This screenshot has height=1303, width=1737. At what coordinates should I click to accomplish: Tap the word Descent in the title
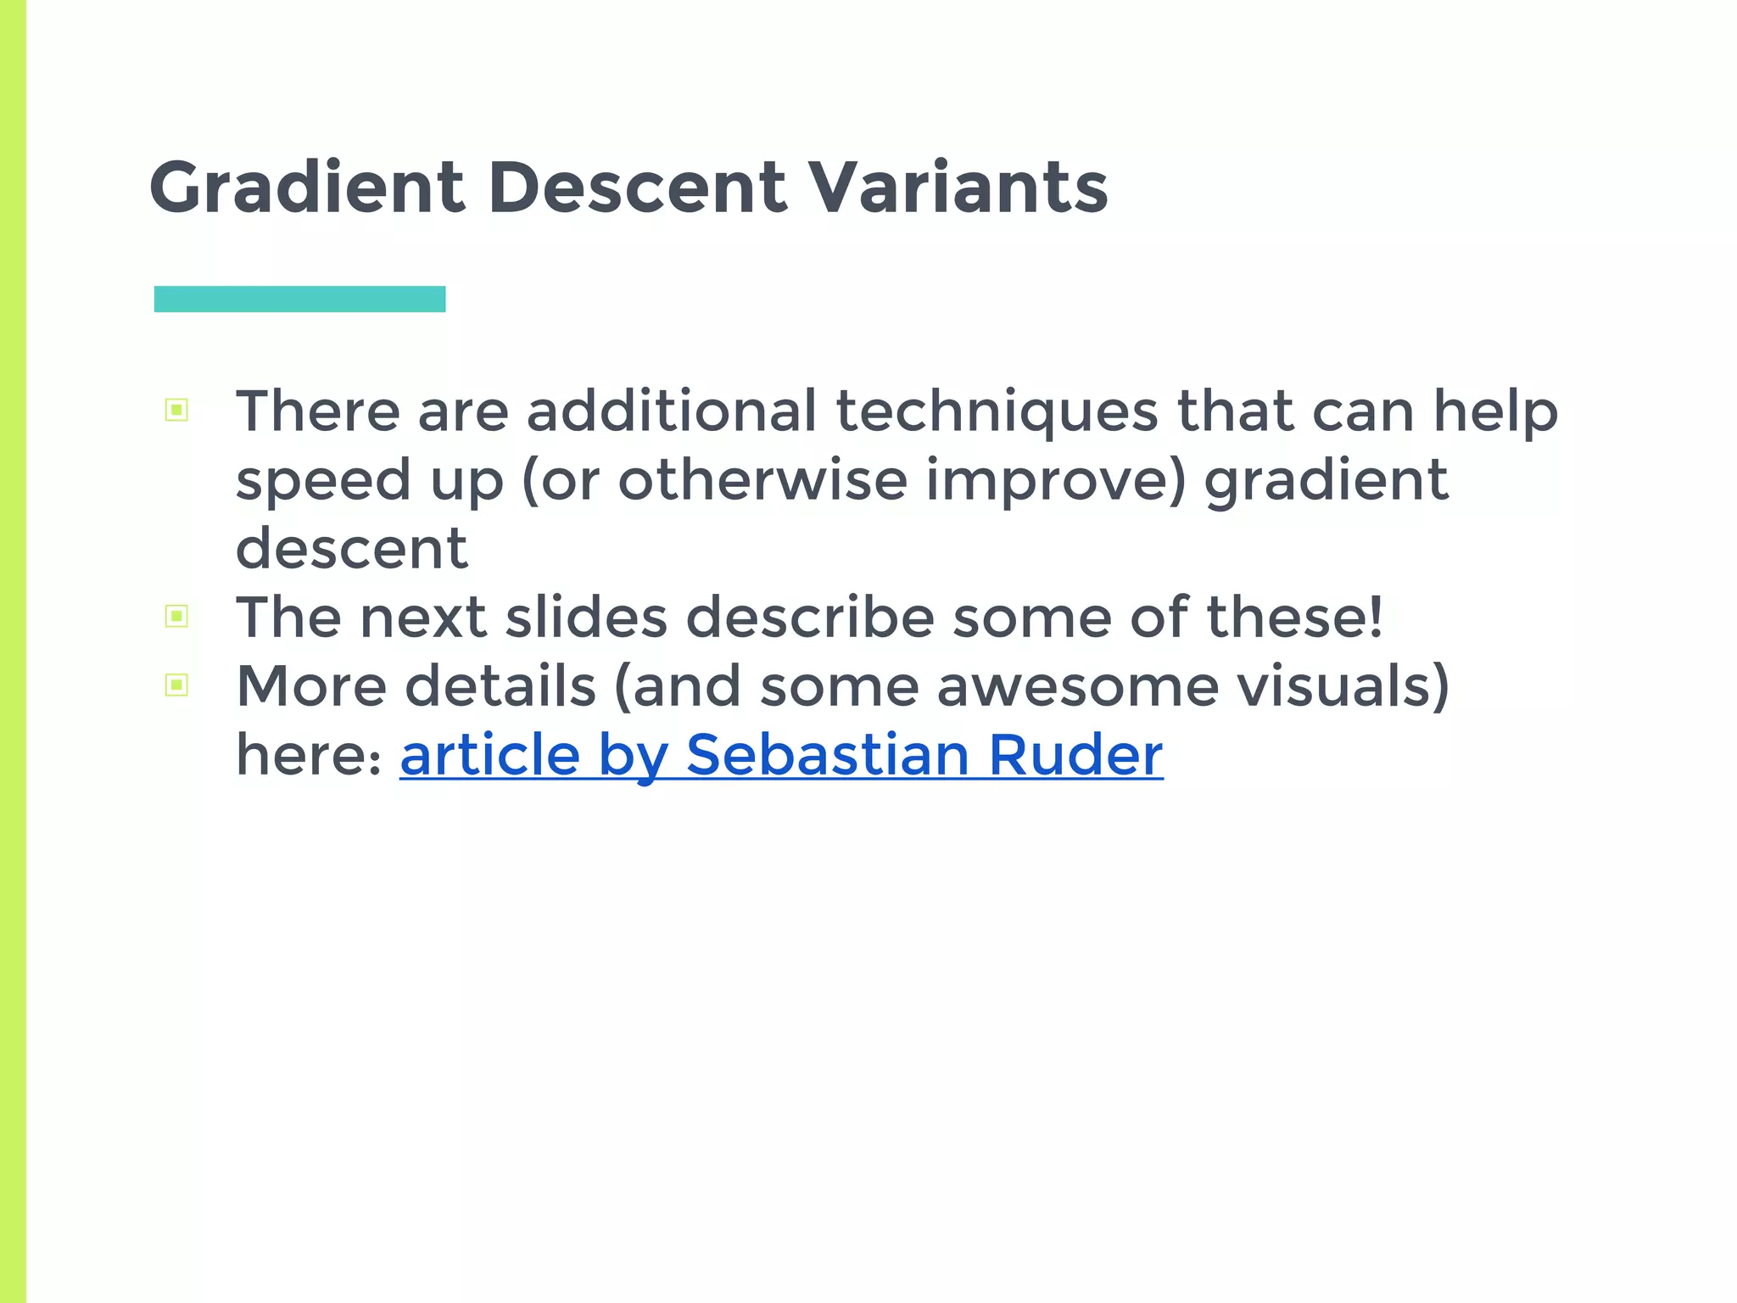tap(637, 187)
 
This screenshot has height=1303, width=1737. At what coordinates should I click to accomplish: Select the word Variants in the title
tap(958, 187)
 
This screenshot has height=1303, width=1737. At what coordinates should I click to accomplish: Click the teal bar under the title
tap(299, 299)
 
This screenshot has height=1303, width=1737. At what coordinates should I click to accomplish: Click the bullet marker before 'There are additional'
tap(176, 411)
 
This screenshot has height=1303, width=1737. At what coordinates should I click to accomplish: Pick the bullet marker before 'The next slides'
tap(176, 616)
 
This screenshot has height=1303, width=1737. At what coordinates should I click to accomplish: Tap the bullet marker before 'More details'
tap(176, 685)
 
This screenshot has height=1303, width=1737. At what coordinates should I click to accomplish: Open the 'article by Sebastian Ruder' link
tap(781, 754)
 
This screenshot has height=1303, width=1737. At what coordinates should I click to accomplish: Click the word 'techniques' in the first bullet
tap(997, 411)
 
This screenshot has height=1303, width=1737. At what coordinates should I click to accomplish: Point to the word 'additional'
tap(672, 411)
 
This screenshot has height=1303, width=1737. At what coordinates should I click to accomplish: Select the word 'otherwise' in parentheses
tap(762, 480)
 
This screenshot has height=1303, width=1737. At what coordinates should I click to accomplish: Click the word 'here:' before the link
tap(309, 754)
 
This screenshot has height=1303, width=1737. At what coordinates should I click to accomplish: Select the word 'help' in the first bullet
tap(1495, 412)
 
